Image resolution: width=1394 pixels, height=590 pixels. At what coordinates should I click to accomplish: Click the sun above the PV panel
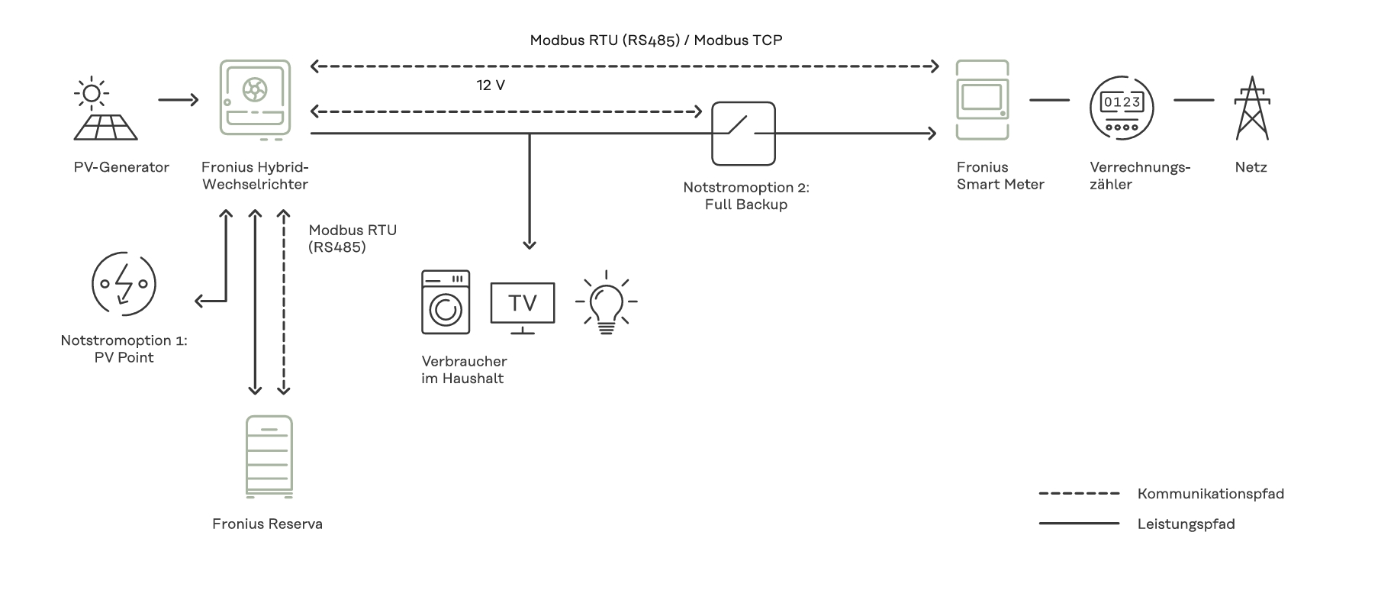point(91,93)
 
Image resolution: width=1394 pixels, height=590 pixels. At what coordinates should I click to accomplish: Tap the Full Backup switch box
point(743,134)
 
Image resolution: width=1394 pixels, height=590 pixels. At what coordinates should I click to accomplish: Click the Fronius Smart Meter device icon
point(982,100)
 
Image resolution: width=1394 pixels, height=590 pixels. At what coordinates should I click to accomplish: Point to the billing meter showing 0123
point(1121,108)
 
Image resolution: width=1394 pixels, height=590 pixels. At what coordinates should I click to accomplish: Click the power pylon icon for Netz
point(1251,108)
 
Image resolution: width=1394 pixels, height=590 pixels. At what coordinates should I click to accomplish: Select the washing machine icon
point(446,302)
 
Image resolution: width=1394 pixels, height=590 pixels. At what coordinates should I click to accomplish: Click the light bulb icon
point(606,302)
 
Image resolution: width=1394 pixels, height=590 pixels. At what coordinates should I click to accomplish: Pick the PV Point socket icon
point(124,284)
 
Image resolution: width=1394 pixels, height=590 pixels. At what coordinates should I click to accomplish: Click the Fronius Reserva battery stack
point(269,457)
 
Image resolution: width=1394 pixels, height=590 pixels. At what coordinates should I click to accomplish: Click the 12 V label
point(491,85)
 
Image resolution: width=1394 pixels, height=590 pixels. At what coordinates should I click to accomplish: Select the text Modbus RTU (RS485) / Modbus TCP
point(655,40)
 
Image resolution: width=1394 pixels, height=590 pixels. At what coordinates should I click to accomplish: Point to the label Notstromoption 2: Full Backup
point(745,196)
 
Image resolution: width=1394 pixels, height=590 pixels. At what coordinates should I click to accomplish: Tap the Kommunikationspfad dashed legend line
point(1079,494)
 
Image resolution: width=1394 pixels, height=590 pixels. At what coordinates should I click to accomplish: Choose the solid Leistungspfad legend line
point(1079,524)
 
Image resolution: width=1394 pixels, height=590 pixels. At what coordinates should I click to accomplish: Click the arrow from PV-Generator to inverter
point(179,99)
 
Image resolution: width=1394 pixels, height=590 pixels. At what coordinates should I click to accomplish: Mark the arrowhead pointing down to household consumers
point(530,244)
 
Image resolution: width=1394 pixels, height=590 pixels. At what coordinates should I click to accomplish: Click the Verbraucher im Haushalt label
point(463,369)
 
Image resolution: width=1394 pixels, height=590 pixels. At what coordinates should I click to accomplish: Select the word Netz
point(1251,167)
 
